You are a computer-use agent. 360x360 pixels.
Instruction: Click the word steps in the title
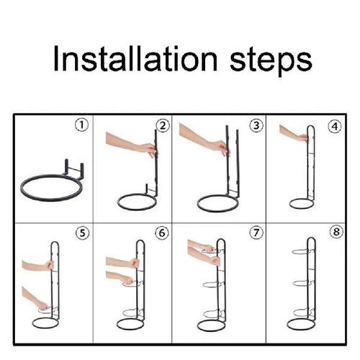(x=266, y=60)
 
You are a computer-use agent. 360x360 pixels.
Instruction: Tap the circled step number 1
(x=82, y=125)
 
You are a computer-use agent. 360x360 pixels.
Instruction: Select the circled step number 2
(x=163, y=125)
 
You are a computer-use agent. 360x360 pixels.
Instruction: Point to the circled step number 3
(x=256, y=125)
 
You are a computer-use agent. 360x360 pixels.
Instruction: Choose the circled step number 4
(x=335, y=125)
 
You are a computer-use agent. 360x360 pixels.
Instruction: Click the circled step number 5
(x=82, y=233)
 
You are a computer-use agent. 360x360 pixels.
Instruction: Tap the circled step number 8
(x=335, y=233)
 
